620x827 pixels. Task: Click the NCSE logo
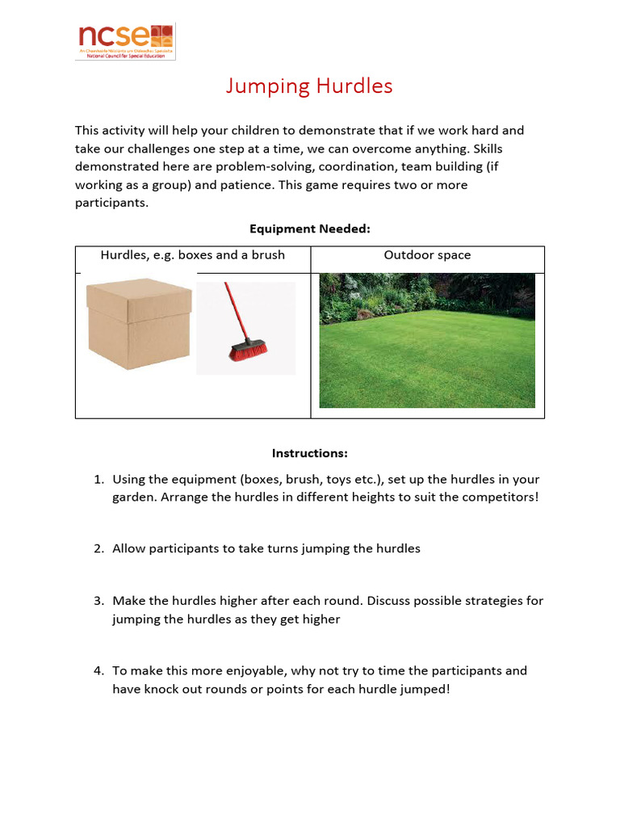point(125,40)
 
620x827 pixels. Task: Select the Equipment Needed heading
point(309,229)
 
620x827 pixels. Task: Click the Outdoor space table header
point(427,255)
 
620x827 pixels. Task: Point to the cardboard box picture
point(139,323)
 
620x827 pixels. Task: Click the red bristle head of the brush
point(249,352)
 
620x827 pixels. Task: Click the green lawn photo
point(426,341)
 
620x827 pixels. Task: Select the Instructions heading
point(309,453)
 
